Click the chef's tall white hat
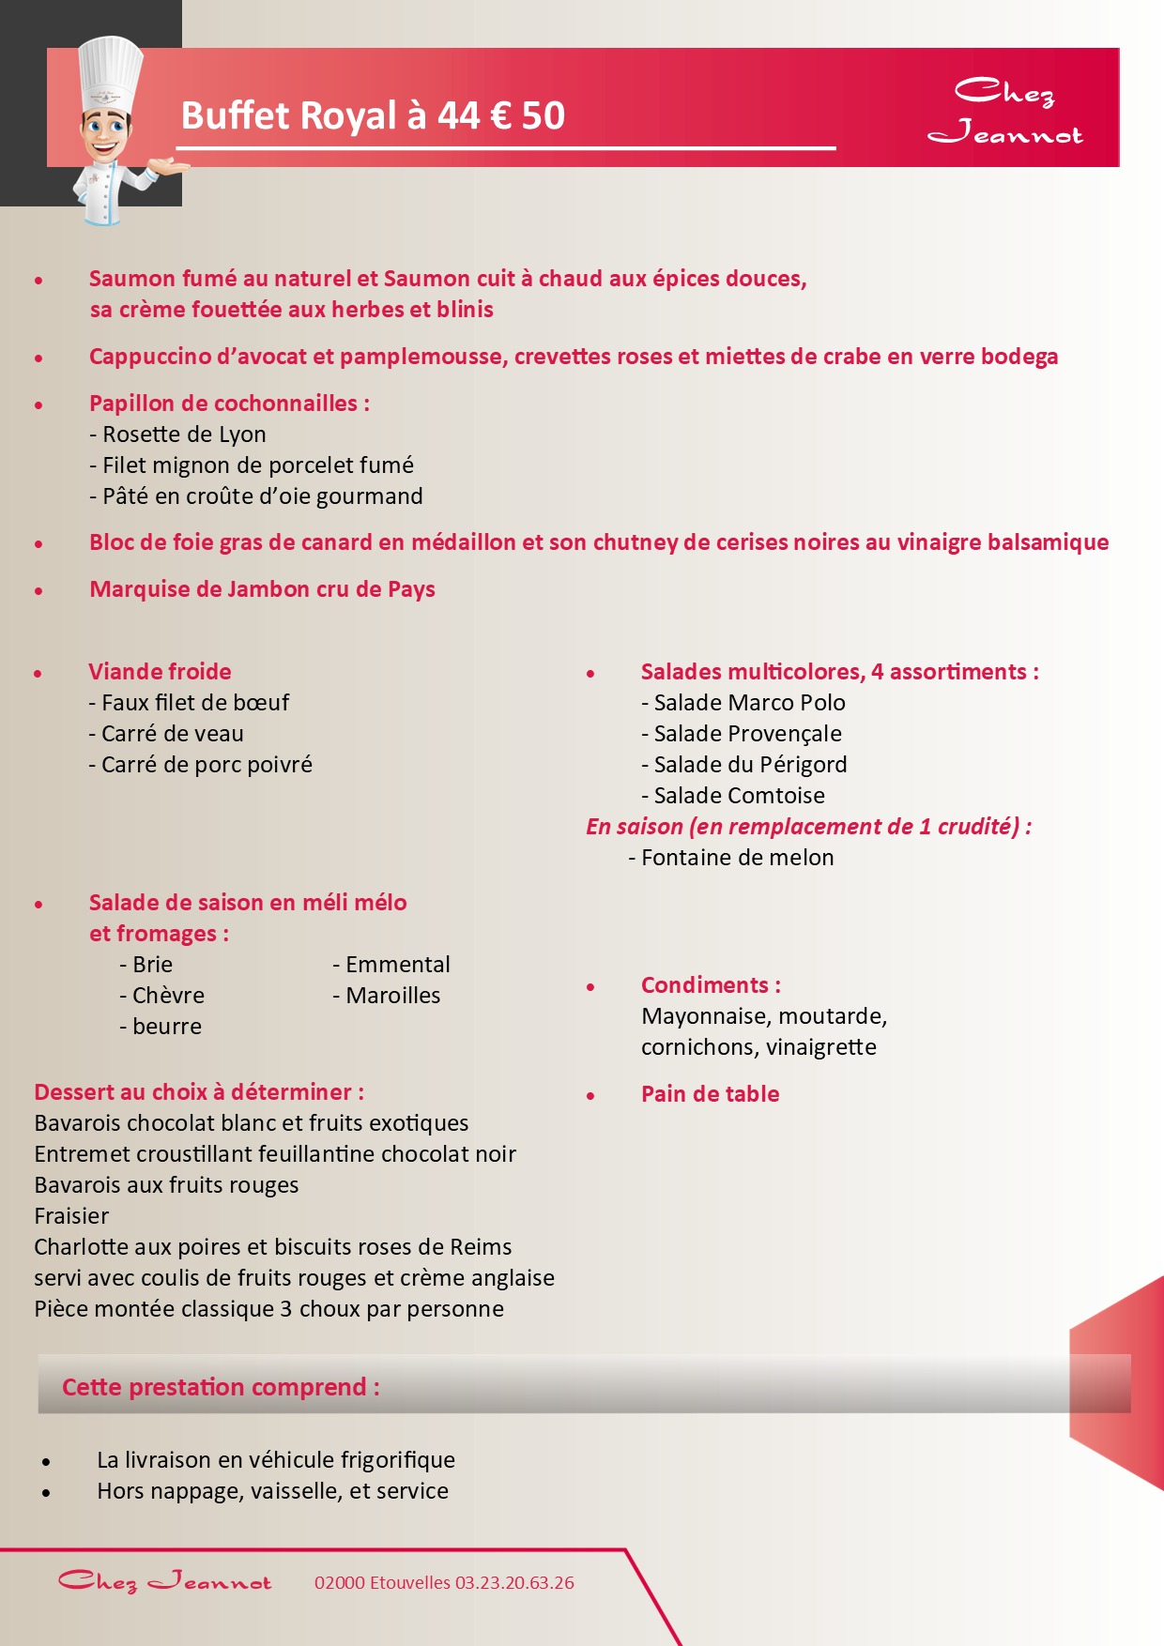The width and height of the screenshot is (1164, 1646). (111, 72)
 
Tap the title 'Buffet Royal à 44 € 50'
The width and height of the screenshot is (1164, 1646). (373, 116)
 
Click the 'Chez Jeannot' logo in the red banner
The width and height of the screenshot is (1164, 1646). (1004, 111)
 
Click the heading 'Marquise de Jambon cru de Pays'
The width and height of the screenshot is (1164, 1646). (262, 589)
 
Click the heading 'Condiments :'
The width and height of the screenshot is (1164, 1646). (711, 985)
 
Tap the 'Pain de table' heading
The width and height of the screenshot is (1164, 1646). (710, 1094)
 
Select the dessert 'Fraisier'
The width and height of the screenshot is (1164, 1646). (71, 1216)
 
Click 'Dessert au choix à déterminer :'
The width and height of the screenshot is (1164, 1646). (199, 1092)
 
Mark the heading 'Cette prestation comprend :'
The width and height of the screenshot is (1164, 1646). (221, 1387)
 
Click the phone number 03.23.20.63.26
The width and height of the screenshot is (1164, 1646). (514, 1583)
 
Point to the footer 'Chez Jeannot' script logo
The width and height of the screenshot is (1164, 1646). (164, 1582)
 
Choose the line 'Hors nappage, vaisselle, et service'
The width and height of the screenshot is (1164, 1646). (272, 1491)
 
